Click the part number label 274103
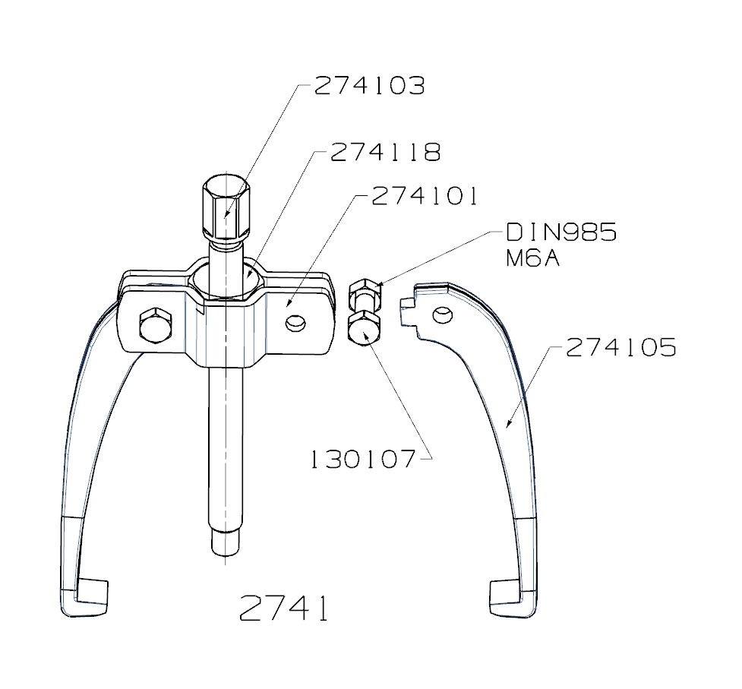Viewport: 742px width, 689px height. (x=369, y=85)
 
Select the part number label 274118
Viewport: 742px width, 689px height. (x=385, y=152)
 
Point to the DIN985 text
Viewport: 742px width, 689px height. (x=560, y=232)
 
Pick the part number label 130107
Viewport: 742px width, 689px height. (x=363, y=459)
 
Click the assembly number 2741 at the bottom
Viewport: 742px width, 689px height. (x=285, y=608)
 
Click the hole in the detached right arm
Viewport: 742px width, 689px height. (x=439, y=314)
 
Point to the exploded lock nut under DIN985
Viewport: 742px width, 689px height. (x=363, y=293)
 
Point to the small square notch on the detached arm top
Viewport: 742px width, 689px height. (x=406, y=304)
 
